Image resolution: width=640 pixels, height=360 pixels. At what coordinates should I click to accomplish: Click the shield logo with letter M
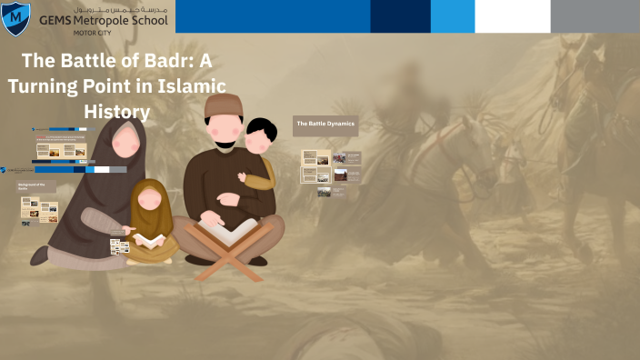(15, 18)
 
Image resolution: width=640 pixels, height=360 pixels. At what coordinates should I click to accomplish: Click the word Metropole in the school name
(96, 20)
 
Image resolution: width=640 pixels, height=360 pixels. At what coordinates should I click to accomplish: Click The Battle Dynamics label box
(325, 124)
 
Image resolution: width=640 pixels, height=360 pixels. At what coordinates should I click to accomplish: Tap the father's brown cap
(223, 105)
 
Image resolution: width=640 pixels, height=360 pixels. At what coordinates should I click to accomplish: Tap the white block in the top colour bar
(512, 16)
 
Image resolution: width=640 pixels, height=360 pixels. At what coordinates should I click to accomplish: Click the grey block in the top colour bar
(595, 16)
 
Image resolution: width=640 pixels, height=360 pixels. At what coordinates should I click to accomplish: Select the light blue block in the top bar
(452, 16)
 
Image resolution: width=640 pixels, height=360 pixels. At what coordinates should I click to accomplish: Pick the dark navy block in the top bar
(400, 16)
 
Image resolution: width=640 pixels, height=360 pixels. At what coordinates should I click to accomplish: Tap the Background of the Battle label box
(36, 185)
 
